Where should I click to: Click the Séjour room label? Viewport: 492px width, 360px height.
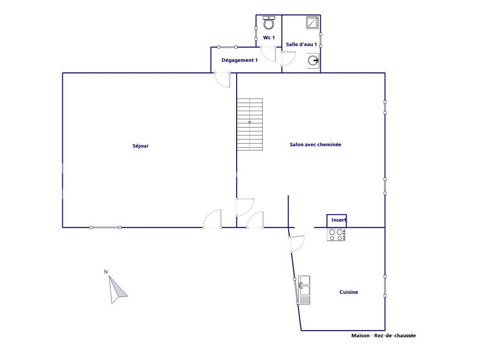140,146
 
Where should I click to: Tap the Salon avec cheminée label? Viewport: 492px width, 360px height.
315,145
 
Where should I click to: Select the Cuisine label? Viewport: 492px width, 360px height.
349,292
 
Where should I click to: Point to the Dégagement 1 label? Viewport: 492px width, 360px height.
239,60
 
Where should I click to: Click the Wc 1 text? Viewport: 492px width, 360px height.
269,38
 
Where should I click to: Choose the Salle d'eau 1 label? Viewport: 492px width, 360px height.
301,44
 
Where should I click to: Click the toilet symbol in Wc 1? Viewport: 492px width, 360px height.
269,22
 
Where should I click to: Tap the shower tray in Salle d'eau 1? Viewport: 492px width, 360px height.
313,22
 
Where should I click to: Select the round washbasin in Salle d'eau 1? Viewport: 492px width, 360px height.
313,60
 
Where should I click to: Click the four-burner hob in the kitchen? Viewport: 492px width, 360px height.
336,235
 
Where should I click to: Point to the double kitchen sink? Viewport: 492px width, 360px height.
304,290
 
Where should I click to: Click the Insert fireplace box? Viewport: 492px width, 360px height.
336,221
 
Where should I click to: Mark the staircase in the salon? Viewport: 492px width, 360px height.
249,124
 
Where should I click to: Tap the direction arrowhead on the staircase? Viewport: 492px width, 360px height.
250,122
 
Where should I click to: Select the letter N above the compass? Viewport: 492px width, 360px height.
106,272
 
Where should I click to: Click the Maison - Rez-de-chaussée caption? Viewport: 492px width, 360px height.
384,336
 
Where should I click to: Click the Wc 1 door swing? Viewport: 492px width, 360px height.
268,54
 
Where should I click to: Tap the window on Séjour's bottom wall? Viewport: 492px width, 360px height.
105,227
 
